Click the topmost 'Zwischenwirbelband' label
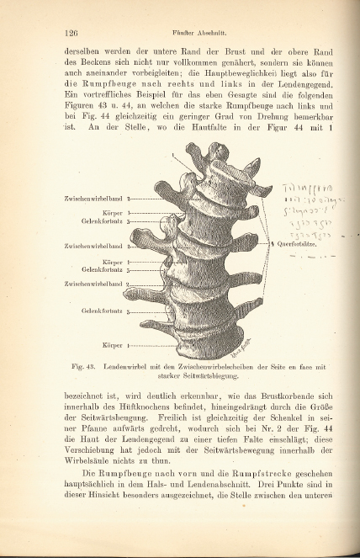point(94,199)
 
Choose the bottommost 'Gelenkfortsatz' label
point(103,312)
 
